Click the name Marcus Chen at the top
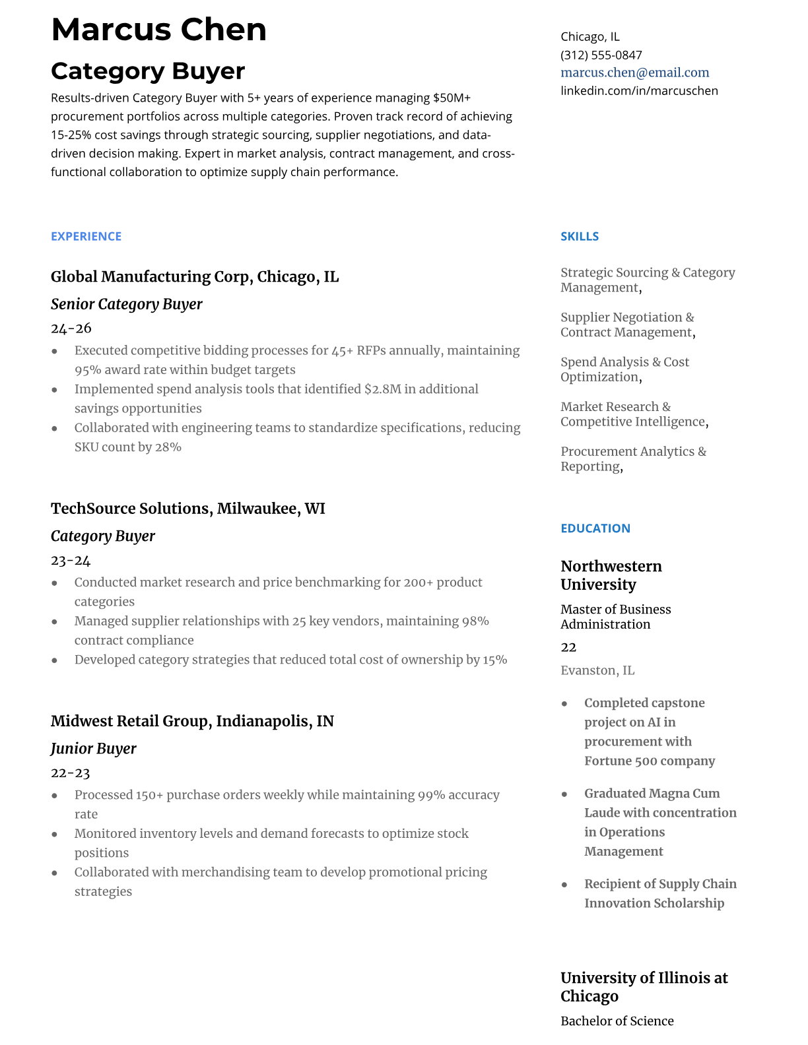158,30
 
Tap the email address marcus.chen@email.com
634,73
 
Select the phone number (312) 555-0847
601,55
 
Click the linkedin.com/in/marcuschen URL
639,90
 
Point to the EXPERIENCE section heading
86,236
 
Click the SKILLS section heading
580,236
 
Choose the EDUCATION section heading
595,528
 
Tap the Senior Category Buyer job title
126,304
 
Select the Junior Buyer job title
93,749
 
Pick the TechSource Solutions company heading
187,509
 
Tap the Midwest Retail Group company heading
192,721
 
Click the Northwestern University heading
611,575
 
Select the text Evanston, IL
597,670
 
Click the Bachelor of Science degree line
617,1021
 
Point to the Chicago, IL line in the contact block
590,37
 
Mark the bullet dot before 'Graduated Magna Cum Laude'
564,794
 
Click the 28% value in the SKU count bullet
168,447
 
